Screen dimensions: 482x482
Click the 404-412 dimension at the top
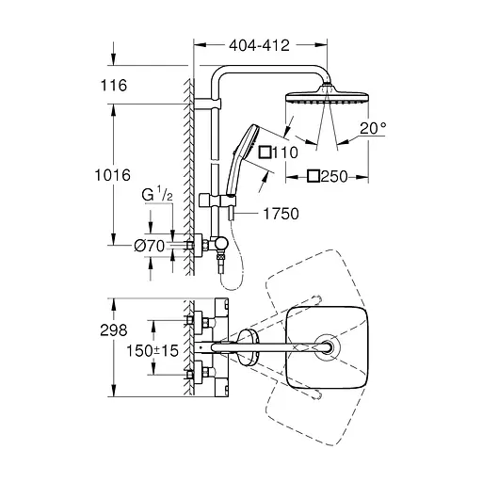pos(259,46)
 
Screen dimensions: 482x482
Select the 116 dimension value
pos(114,86)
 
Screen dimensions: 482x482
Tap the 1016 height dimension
pos(113,175)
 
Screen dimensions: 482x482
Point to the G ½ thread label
pos(157,194)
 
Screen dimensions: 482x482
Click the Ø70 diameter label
pos(150,246)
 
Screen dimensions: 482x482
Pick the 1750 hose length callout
pos(281,214)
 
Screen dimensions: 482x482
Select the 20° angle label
pos(373,128)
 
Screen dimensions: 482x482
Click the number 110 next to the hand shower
pos(285,153)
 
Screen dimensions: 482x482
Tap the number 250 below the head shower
pos(334,177)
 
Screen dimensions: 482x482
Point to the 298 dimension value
pos(114,330)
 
